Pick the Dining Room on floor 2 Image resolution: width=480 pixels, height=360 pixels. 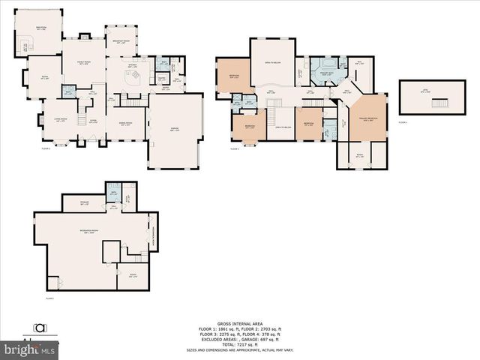point(127,124)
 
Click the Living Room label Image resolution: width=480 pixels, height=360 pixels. point(59,119)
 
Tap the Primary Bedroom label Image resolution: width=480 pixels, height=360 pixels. point(367,119)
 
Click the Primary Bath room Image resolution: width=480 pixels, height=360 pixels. point(327,74)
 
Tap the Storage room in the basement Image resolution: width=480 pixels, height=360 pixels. point(85,202)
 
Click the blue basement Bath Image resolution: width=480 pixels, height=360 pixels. point(115,192)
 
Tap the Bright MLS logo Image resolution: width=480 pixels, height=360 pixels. point(30,349)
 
